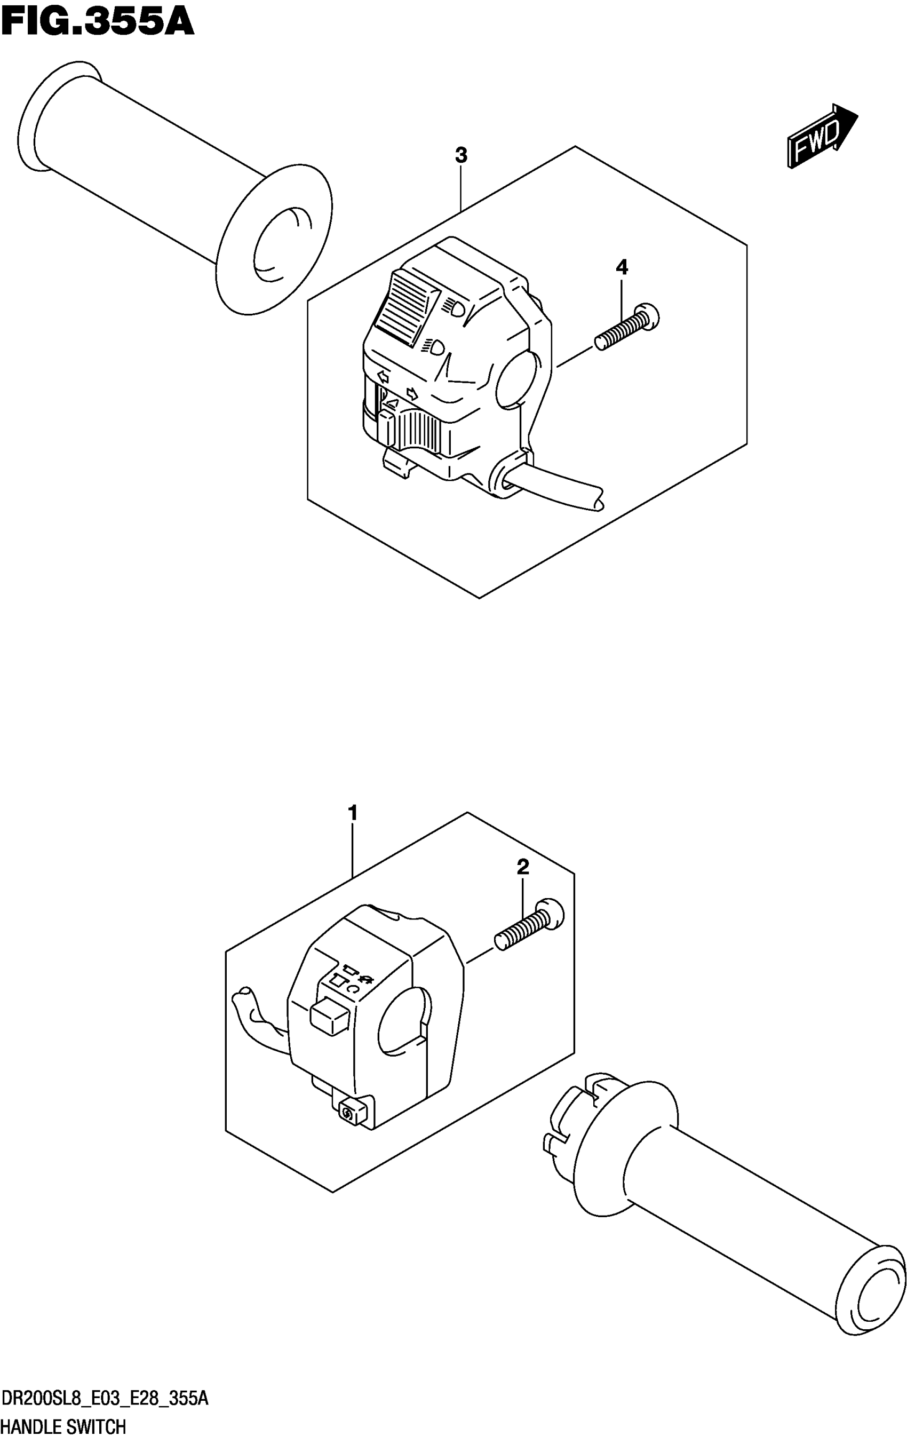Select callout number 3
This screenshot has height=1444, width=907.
pos(460,155)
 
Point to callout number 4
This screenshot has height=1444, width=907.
pos(622,267)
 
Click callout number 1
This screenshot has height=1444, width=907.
pos(353,813)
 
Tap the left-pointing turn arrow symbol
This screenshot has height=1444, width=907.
pos(382,377)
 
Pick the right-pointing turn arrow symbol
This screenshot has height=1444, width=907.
pos(412,393)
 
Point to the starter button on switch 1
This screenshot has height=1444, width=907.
pos(348,1114)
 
